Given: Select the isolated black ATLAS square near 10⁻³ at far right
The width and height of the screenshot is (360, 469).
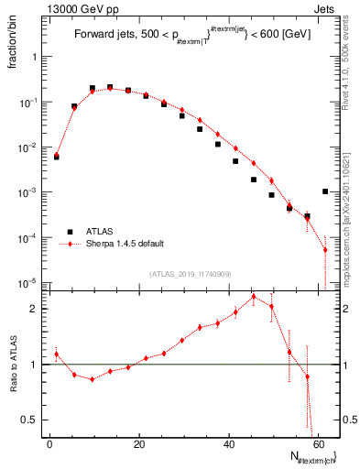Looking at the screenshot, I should point(325,191).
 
